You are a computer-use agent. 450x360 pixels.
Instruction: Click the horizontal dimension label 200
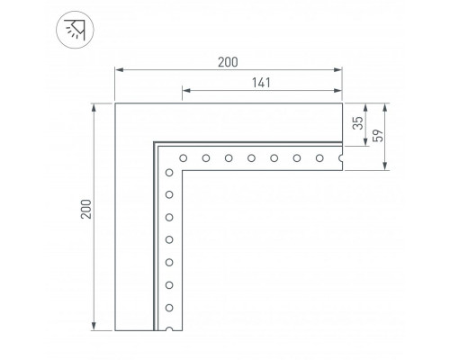pyautogui.click(x=228, y=62)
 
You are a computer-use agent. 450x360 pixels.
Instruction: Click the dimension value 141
pyautogui.click(x=261, y=83)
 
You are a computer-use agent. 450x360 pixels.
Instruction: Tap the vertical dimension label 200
pyautogui.click(x=86, y=209)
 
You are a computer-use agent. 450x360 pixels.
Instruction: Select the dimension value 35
pyautogui.click(x=357, y=123)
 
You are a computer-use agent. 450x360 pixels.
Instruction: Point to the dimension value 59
pyautogui.click(x=378, y=136)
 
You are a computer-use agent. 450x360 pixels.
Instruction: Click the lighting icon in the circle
pyautogui.click(x=75, y=30)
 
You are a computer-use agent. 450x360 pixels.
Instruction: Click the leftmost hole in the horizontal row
pyautogui.click(x=183, y=158)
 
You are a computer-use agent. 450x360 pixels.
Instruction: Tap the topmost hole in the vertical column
pyautogui.click(x=169, y=173)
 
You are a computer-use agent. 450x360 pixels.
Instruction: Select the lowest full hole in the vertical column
pyautogui.click(x=169, y=308)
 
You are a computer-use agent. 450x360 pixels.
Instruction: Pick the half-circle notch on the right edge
pyautogui.click(x=340, y=158)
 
